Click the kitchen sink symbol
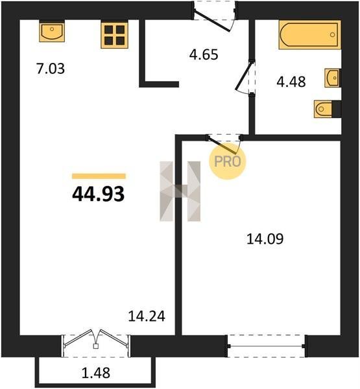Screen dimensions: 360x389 tap(52, 32)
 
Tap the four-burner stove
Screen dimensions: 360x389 tap(114, 35)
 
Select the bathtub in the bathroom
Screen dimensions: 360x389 tap(309, 35)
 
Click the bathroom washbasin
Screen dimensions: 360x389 tap(332, 78)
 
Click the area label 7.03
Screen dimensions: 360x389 tap(51, 69)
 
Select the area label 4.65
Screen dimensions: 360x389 tap(204, 54)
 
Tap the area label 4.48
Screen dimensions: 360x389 tap(291, 82)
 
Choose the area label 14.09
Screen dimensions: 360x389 tap(265, 239)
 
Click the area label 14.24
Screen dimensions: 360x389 tap(147, 316)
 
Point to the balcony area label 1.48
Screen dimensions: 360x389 tap(96, 373)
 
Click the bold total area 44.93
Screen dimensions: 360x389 tap(99, 194)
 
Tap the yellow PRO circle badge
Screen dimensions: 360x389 tap(228, 161)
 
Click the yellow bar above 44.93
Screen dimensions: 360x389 tap(99, 176)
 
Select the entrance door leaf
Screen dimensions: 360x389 tap(212, 21)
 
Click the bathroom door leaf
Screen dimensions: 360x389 tap(245, 76)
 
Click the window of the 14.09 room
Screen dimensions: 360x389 tap(266, 346)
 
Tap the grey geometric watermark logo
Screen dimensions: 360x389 tap(180, 191)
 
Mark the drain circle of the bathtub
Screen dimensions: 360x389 tap(333, 34)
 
